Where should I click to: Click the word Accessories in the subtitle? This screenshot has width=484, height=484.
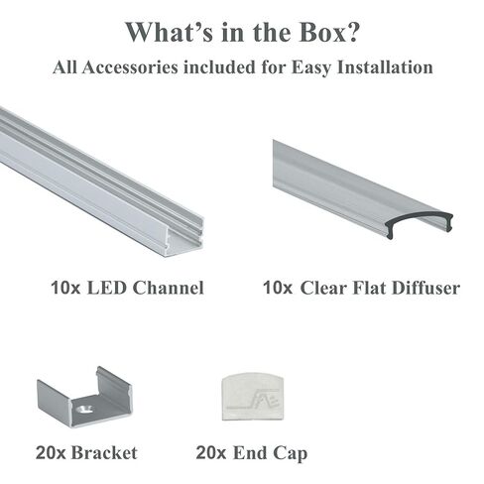131,67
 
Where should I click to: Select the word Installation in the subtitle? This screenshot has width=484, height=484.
385,67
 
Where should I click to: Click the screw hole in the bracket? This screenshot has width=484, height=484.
84,410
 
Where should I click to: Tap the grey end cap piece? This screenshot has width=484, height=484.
253,397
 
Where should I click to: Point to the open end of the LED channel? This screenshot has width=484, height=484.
184,236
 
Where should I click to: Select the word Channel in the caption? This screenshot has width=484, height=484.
169,288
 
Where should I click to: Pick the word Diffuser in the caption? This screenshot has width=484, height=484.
425,288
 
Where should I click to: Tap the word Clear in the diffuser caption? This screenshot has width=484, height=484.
323,288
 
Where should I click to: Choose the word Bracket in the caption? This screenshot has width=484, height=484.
104,452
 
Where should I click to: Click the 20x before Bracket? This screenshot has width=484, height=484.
51,453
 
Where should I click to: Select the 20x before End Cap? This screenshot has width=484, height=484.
211,453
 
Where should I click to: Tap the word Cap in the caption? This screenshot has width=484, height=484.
290,454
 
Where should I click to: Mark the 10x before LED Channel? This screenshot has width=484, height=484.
65,288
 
